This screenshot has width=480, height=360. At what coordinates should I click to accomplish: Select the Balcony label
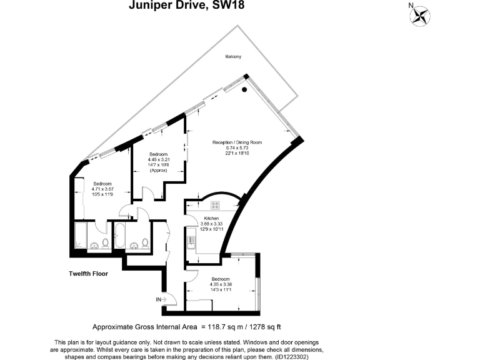[x=234, y=57]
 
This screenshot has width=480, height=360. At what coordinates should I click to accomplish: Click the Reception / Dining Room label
[x=237, y=142]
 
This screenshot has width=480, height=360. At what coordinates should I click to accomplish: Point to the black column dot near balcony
[x=244, y=90]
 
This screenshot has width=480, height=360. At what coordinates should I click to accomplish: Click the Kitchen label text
[x=211, y=218]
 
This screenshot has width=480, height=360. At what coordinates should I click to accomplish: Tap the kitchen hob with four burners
[x=216, y=204]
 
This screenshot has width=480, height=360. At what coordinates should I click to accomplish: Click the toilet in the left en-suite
[x=106, y=242]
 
